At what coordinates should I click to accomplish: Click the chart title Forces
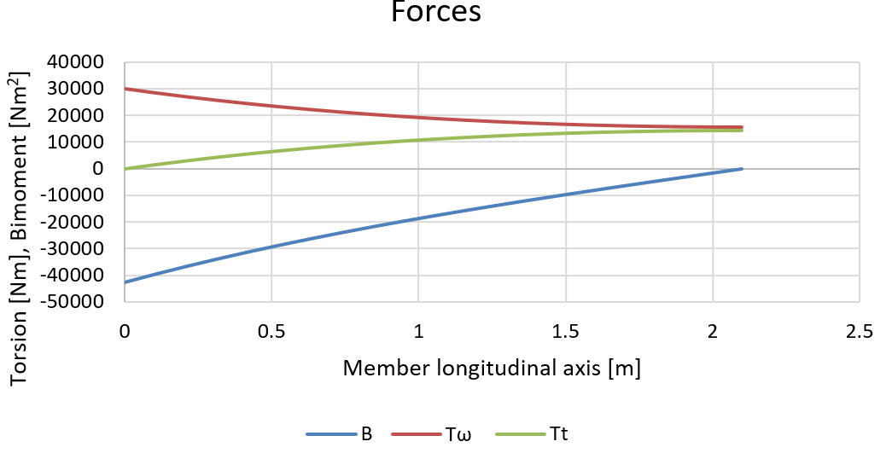coord(435,13)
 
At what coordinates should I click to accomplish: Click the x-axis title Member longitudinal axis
coord(492,369)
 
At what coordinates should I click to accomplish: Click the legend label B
coord(366,433)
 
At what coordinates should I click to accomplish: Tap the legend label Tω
coord(458,433)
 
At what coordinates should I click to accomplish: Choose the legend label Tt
coord(559,433)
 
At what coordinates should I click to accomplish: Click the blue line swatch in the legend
coord(331,433)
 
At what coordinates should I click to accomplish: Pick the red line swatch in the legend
coord(416,433)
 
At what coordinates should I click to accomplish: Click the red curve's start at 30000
coord(125,89)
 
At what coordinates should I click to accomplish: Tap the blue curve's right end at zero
coord(742,169)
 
